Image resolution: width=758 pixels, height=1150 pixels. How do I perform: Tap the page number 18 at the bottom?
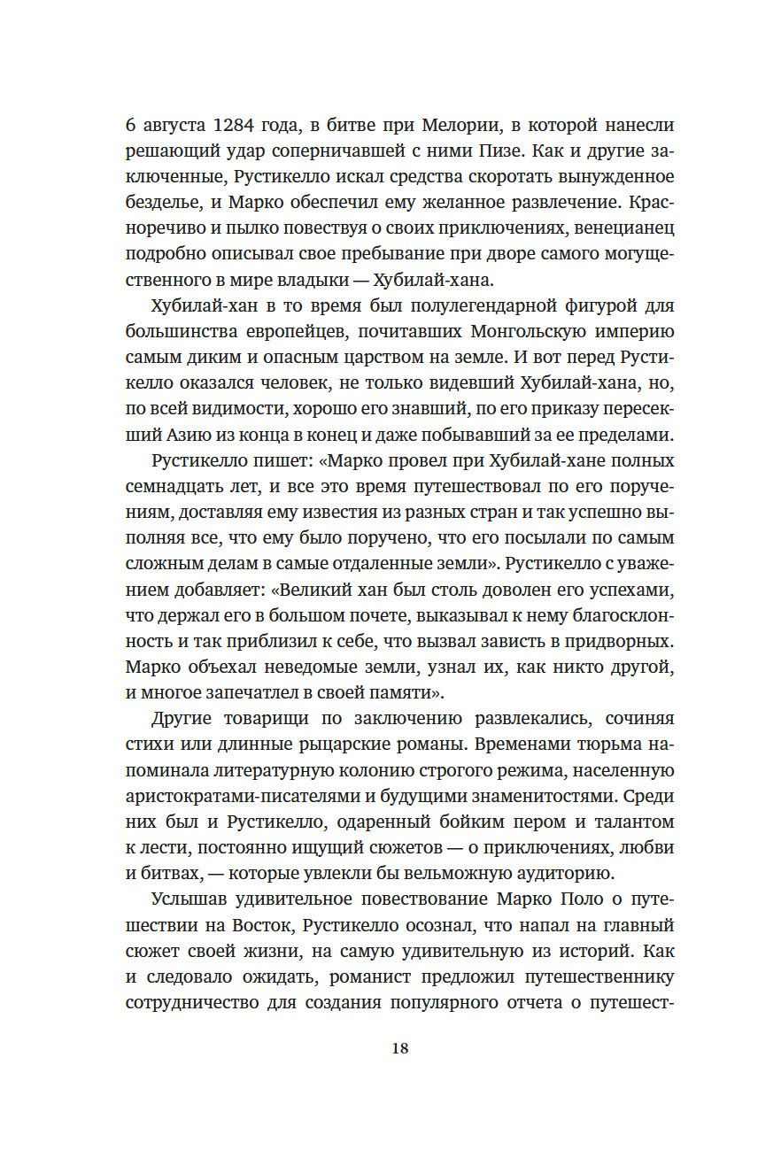click(x=399, y=1048)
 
